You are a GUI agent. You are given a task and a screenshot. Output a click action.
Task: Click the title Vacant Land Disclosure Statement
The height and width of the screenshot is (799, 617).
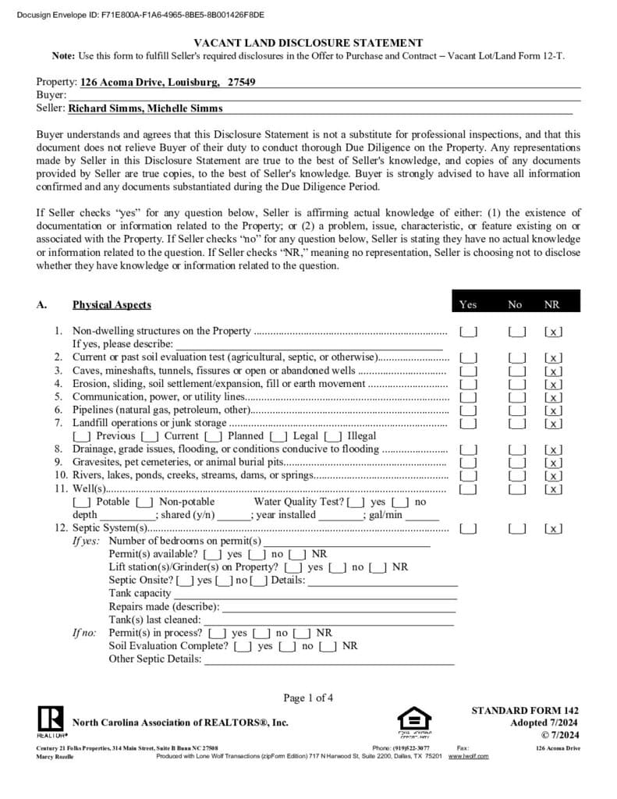[x=308, y=44]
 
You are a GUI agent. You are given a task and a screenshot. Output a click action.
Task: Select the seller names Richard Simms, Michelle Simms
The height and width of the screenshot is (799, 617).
[x=145, y=108]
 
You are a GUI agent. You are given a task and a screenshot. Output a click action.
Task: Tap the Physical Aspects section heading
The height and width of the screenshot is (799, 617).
[x=112, y=304]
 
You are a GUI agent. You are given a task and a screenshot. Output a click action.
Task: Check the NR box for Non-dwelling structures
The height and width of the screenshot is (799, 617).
[x=553, y=332]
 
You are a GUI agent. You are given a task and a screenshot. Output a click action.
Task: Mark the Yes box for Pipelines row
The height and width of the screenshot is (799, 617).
[x=469, y=410]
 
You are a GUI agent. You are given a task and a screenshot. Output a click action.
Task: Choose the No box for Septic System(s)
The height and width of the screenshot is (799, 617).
[x=517, y=529]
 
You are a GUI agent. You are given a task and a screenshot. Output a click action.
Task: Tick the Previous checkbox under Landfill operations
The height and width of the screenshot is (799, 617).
[x=82, y=436]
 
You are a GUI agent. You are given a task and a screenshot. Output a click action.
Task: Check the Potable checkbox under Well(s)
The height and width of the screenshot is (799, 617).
[x=82, y=502]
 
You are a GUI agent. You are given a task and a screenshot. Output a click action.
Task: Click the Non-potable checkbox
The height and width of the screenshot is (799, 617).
[x=144, y=502]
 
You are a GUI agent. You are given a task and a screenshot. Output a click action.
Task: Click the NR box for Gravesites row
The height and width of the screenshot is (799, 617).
[x=553, y=463]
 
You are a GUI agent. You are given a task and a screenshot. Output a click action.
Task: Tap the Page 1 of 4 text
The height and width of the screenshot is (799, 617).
[x=308, y=698]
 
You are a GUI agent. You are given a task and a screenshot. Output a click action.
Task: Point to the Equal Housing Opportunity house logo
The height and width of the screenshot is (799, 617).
[x=414, y=719]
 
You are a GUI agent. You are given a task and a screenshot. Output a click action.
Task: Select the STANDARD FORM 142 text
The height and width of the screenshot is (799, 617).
[x=525, y=710]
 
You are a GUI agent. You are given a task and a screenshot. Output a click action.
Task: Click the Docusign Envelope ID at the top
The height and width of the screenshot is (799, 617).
[x=140, y=14]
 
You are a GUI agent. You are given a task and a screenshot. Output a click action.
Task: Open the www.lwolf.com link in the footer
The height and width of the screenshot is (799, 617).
[x=468, y=756]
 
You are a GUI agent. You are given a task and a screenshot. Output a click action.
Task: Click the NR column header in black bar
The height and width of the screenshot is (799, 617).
[x=552, y=304]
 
